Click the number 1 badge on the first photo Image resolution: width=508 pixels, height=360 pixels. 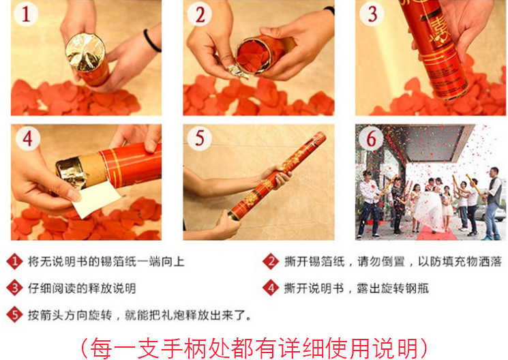pyautogui.click(x=26, y=14)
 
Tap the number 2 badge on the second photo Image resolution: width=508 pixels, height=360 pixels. pyautogui.click(x=200, y=14)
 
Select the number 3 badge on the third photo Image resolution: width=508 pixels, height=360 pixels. pyautogui.click(x=372, y=14)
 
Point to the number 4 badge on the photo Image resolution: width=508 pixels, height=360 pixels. pyautogui.click(x=28, y=138)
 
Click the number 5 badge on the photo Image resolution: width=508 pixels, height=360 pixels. pyautogui.click(x=200, y=138)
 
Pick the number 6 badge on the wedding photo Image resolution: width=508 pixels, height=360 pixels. pyautogui.click(x=371, y=138)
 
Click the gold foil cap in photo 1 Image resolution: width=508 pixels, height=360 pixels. pyautogui.click(x=85, y=52)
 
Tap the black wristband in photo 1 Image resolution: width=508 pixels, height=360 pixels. pyautogui.click(x=151, y=41)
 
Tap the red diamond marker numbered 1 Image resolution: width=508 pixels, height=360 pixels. pyautogui.click(x=15, y=261)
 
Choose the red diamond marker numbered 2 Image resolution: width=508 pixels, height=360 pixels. pyautogui.click(x=271, y=261)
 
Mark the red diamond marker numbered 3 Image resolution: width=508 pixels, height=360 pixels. pyautogui.click(x=15, y=288)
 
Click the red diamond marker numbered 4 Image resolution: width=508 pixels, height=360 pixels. pyautogui.click(x=271, y=288)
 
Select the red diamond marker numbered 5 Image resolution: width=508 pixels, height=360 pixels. pyautogui.click(x=15, y=314)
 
